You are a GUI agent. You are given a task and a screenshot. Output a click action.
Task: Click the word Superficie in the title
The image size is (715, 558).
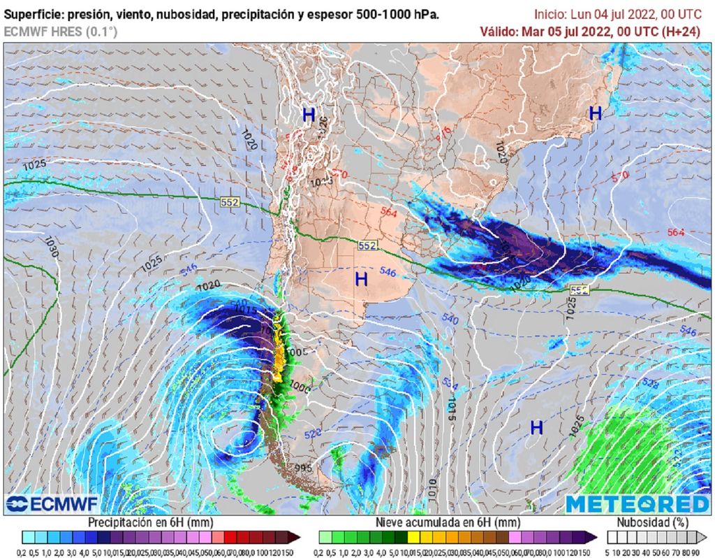tap(32, 14)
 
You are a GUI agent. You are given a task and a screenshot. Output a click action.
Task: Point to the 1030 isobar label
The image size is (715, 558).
tap(50, 248)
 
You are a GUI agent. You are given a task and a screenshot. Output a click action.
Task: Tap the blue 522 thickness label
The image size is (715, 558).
tap(313, 434)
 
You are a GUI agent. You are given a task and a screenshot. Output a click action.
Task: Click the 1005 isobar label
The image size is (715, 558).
tap(296, 352)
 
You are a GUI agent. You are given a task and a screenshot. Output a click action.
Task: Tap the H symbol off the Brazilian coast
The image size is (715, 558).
tap(595, 113)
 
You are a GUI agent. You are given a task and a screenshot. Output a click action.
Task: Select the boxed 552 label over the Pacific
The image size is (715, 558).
tap(230, 202)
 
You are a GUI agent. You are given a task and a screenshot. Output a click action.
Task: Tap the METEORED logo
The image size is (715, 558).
tap(637, 504)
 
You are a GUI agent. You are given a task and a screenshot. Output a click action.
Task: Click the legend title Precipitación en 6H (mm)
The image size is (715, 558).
tap(150, 522)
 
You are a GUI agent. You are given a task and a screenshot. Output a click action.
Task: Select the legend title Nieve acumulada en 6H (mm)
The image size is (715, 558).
tap(448, 522)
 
